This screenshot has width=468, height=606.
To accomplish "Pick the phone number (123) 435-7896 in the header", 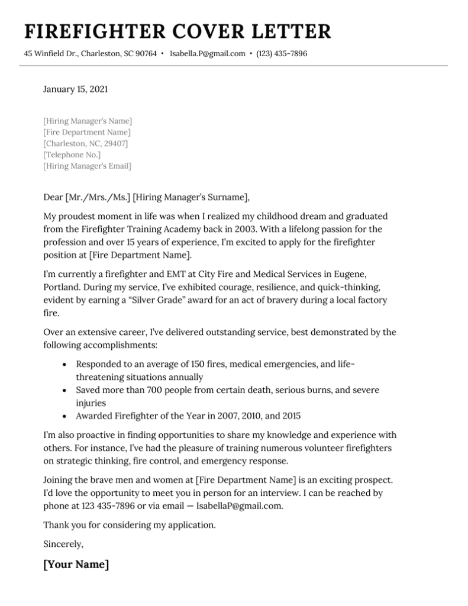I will (x=282, y=54).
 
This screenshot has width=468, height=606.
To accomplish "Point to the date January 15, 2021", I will (x=76, y=90).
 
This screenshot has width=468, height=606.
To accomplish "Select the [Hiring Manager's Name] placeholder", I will (x=88, y=121).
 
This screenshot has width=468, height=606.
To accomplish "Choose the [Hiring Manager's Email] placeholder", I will (x=88, y=166).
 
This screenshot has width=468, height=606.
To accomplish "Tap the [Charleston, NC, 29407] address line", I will (x=86, y=144).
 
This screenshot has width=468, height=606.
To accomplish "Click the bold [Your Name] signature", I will (x=76, y=565).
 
